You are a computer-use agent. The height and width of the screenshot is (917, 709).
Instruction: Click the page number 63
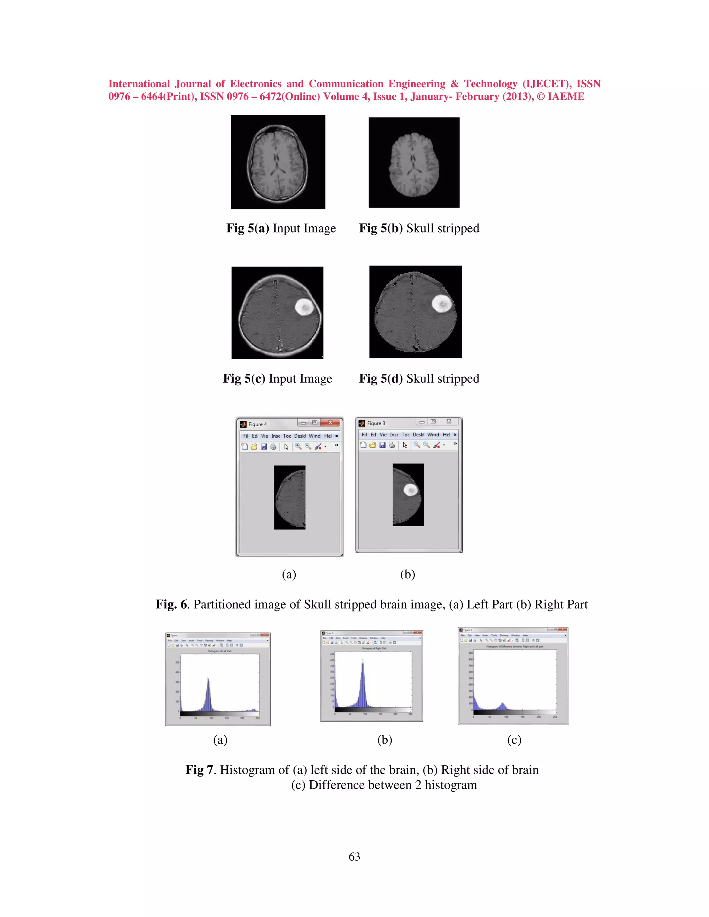[354, 856]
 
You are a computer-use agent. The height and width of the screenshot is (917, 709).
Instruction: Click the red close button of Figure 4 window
[330, 423]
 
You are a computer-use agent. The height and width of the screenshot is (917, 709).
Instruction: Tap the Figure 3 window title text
[376, 423]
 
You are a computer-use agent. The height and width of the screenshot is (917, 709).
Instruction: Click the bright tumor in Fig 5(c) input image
[304, 307]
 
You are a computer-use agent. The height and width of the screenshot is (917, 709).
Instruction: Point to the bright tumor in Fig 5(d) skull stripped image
[442, 303]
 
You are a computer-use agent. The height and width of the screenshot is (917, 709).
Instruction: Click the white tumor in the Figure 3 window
[410, 490]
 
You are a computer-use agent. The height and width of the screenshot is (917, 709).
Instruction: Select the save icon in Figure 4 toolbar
[264, 447]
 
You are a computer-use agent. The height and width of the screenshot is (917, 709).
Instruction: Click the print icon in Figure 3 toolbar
[392, 445]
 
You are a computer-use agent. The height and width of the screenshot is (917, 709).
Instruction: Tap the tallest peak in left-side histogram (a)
[208, 679]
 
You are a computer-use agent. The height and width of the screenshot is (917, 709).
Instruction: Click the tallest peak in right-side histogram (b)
[362, 664]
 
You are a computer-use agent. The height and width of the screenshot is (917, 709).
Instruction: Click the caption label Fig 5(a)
[248, 228]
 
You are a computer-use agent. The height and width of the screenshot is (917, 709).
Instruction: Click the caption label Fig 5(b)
[380, 228]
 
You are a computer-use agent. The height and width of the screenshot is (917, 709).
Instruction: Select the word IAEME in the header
[565, 97]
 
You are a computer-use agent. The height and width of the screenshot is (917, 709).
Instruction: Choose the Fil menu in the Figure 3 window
[364, 435]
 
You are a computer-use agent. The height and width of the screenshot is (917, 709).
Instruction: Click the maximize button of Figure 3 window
[433, 421]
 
